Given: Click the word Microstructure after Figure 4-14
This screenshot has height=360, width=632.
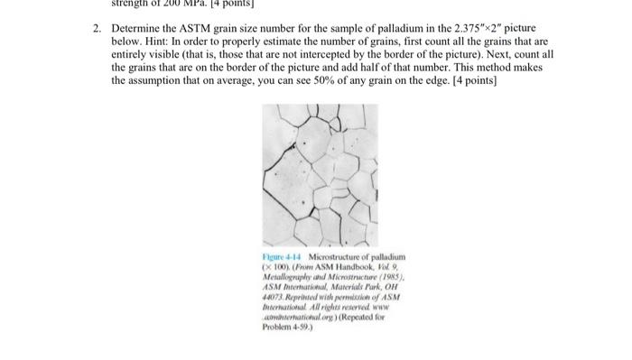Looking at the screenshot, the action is (330, 260).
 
